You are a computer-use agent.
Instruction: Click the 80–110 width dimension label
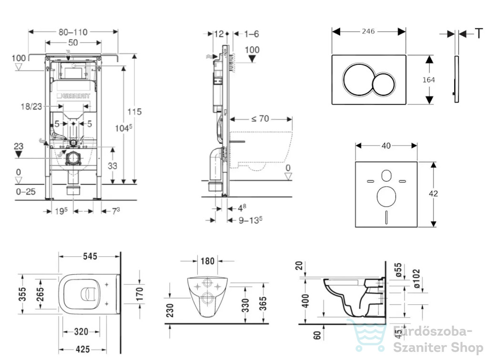click(73, 32)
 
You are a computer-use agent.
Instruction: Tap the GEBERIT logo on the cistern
click(73, 96)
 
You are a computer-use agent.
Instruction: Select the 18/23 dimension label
click(31, 107)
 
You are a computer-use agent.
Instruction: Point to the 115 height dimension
click(134, 111)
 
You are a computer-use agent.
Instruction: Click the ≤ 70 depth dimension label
click(260, 119)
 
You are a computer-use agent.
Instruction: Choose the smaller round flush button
click(384, 84)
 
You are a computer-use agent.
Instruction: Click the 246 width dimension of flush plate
click(368, 31)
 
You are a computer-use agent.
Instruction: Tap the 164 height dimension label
click(428, 80)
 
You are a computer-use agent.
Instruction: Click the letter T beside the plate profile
click(478, 33)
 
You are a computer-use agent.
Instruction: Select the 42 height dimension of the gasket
click(433, 194)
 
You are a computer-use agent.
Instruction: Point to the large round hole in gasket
click(386, 197)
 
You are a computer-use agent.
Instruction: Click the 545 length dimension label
click(90, 257)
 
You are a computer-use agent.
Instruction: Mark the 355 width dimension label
click(22, 294)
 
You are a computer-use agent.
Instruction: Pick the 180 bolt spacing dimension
click(208, 261)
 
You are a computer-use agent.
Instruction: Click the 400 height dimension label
click(306, 301)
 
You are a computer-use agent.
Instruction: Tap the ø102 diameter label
click(417, 279)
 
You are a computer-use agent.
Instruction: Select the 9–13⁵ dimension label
click(250, 220)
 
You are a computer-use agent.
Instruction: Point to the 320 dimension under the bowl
click(81, 332)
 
